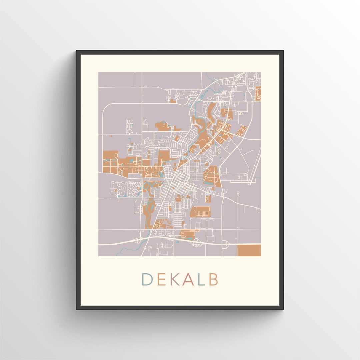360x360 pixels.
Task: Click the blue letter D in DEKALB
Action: coord(147,279)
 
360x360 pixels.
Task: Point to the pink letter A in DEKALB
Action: coord(188,279)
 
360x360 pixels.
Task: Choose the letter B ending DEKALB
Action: coord(213,279)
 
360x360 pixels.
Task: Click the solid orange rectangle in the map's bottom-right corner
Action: coord(249,250)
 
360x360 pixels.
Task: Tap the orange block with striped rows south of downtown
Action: coord(200,211)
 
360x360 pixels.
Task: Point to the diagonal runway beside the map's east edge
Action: coord(257,163)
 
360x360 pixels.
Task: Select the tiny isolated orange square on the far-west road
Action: coord(112,136)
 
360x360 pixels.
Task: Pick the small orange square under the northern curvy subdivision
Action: coord(172,100)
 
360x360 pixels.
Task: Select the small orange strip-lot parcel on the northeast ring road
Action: coord(242,130)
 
